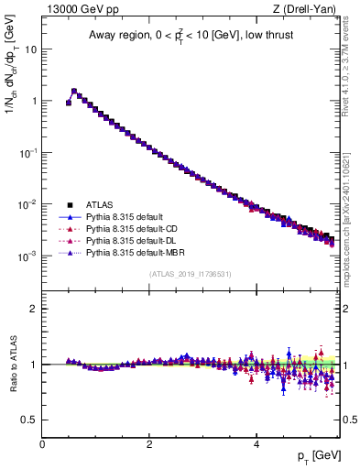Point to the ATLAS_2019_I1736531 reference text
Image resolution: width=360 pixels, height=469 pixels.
pos(190,274)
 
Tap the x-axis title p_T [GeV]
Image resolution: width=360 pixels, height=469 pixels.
pos(314,455)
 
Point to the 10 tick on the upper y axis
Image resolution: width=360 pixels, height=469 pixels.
pos(32,49)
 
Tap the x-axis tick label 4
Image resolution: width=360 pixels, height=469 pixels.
pos(256,444)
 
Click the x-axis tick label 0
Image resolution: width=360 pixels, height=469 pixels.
pos(42,444)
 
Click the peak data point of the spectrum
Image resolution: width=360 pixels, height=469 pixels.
pos(74,91)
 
